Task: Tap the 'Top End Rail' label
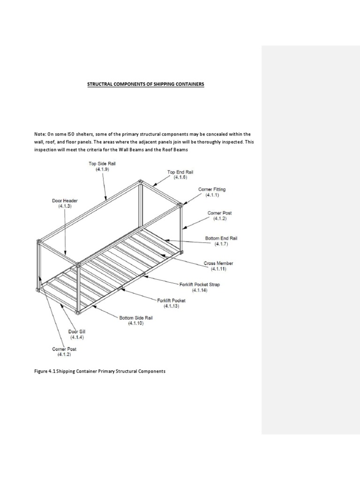pos(180,172)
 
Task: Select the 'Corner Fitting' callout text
pos(213,189)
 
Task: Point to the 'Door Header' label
pos(65,201)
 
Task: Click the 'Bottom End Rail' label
pos(221,239)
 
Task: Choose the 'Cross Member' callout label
pos(218,263)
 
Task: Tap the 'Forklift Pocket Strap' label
pos(200,285)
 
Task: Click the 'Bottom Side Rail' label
pos(136,317)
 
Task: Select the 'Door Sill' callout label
pos(77,331)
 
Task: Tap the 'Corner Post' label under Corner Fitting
pos(219,213)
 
